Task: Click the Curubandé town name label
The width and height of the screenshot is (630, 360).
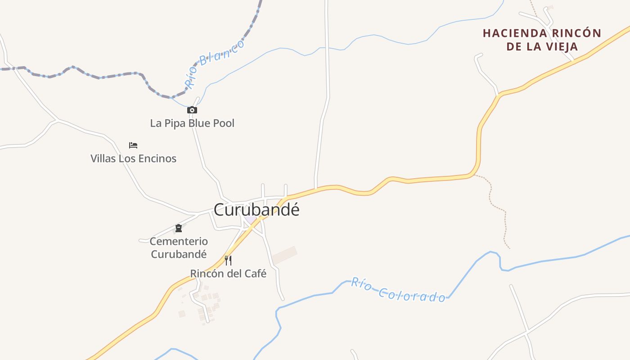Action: [x=256, y=210]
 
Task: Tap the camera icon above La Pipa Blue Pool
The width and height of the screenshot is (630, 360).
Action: [x=192, y=110]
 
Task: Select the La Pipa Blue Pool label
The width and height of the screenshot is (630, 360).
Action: [x=192, y=123]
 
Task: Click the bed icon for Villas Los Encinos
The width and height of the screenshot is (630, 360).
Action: [x=133, y=145]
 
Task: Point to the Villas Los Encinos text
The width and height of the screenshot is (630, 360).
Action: [x=133, y=158]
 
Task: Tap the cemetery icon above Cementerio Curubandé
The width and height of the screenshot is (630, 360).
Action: [x=179, y=228]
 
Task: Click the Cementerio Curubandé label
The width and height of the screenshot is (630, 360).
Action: [x=179, y=247]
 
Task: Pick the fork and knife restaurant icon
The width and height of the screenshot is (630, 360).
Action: [x=228, y=260]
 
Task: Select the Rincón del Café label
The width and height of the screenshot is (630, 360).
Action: [x=228, y=274]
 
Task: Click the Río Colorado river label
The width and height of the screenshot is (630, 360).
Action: [x=398, y=290]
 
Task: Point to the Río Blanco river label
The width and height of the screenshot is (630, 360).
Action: [x=215, y=63]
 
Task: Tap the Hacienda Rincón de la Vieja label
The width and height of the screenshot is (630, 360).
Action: [x=542, y=40]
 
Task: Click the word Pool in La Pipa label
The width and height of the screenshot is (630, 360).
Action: [x=224, y=123]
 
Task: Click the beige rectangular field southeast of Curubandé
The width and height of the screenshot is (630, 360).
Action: [x=285, y=255]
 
